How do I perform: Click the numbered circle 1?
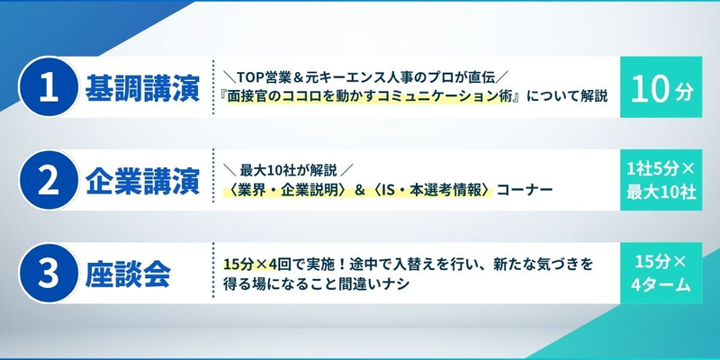click(49, 86)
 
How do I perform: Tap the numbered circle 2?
click(49, 179)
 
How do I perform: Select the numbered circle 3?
click(49, 273)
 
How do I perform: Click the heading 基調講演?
click(143, 87)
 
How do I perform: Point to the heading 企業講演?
click(143, 181)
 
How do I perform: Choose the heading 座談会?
click(128, 274)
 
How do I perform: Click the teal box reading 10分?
click(661, 86)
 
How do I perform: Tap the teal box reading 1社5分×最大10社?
click(661, 180)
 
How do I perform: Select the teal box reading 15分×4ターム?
click(661, 274)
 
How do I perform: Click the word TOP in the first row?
click(250, 77)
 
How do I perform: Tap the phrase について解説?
click(567, 97)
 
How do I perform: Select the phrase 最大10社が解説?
click(288, 171)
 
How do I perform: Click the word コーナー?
click(525, 190)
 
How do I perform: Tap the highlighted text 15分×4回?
click(250, 265)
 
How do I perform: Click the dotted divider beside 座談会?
click(213, 269)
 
